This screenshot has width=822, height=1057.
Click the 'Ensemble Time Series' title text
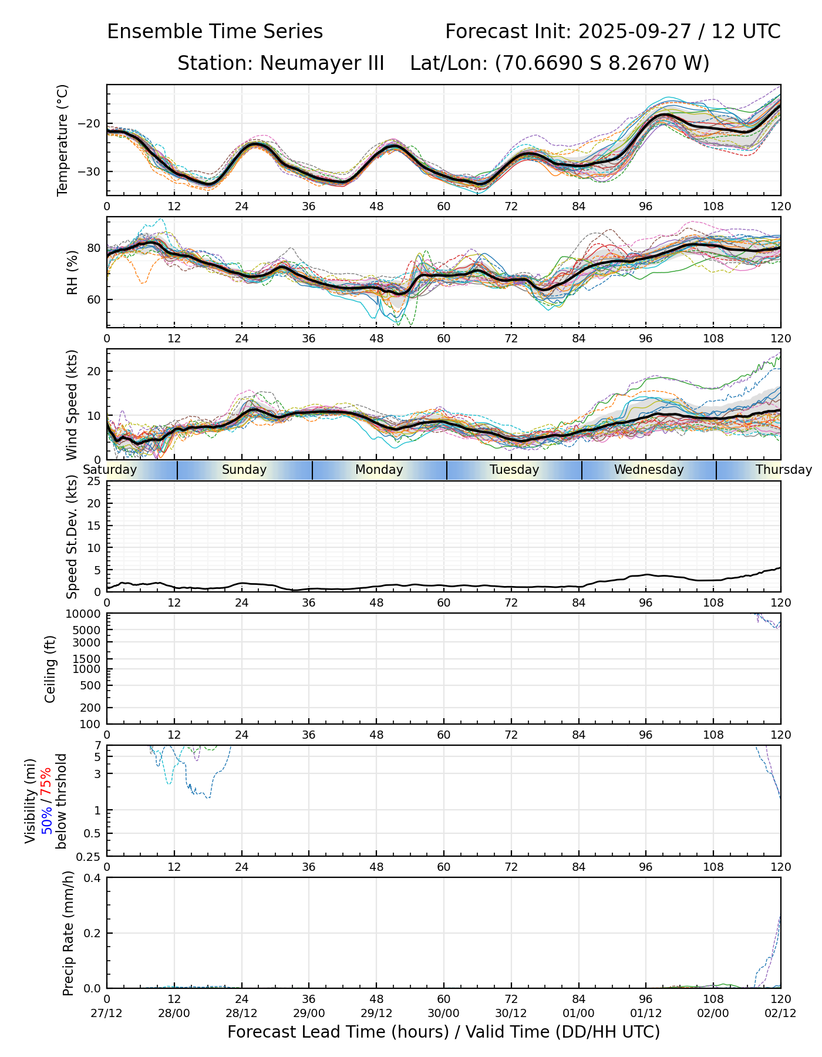pos(215,32)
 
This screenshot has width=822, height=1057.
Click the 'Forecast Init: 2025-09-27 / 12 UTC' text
pos(612,32)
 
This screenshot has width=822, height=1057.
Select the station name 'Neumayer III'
pos(322,63)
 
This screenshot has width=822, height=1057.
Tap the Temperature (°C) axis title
pos(63,140)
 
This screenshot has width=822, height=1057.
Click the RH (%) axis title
pos(72,272)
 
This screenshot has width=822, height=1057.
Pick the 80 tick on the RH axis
pos(94,248)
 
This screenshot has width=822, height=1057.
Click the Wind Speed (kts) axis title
pos(72,405)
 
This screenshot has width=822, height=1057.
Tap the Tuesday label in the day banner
pos(514,470)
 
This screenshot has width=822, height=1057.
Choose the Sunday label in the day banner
pos(244,470)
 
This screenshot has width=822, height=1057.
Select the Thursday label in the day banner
pos(783,470)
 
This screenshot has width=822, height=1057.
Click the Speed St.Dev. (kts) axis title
pos(72,536)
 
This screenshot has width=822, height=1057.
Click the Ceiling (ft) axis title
pos(51,669)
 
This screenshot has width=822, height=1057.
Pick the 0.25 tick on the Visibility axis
pos(89,856)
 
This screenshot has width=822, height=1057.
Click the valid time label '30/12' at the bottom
pos(511,1013)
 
